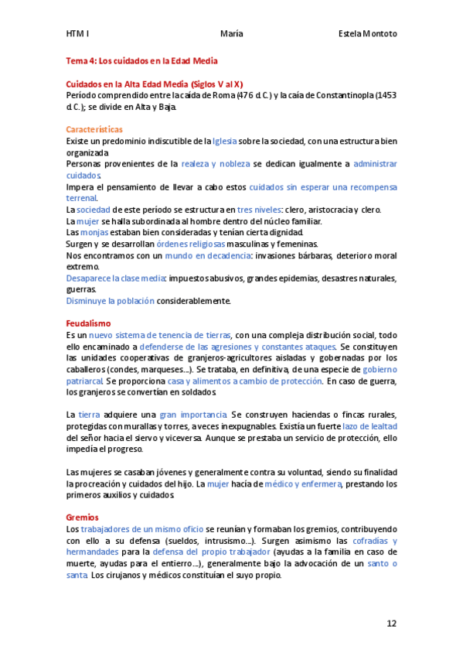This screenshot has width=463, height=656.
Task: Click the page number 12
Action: tap(392, 623)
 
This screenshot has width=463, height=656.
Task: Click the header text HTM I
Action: tap(77, 34)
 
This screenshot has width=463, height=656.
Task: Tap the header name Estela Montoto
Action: tap(368, 34)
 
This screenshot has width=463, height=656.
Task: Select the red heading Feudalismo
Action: tap(89, 323)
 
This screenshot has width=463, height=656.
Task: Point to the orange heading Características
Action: tap(94, 129)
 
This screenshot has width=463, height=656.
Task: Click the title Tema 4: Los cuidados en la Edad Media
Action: tap(141, 60)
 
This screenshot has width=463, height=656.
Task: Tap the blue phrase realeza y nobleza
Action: tap(215, 164)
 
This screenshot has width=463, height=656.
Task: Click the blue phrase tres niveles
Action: tap(260, 210)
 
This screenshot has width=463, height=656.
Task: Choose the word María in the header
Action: tap(231, 34)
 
